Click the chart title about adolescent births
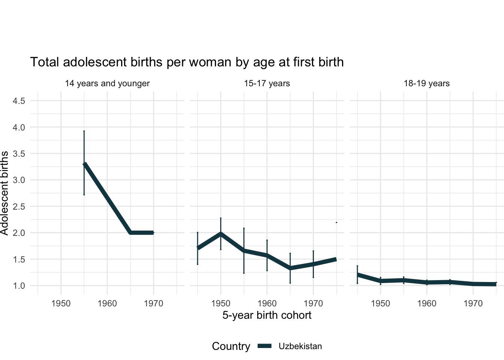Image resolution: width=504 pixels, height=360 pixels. pyautogui.click(x=187, y=62)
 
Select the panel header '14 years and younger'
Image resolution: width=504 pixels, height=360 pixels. pyautogui.click(x=107, y=84)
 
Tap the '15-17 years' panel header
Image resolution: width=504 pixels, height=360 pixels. pyautogui.click(x=267, y=84)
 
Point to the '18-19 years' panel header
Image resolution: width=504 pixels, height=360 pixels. pyautogui.click(x=427, y=84)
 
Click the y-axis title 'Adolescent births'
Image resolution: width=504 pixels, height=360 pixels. pyautogui.click(x=4, y=193)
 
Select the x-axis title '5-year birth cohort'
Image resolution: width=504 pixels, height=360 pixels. pyautogui.click(x=267, y=315)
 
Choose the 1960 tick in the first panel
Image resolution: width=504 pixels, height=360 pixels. pyautogui.click(x=107, y=303)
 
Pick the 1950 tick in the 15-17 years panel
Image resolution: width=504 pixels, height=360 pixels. pyautogui.click(x=220, y=303)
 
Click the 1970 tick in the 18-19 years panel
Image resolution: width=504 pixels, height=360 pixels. pyautogui.click(x=473, y=303)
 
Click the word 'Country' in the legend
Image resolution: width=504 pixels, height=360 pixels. pyautogui.click(x=231, y=346)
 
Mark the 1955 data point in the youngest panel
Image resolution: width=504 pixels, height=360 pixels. pyautogui.click(x=84, y=164)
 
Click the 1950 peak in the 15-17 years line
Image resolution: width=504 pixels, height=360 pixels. pyautogui.click(x=221, y=234)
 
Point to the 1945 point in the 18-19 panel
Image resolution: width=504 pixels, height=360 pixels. pyautogui.click(x=357, y=275)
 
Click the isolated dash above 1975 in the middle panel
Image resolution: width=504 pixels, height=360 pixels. pyautogui.click(x=336, y=222)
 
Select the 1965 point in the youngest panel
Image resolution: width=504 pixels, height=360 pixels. pyautogui.click(x=130, y=233)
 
